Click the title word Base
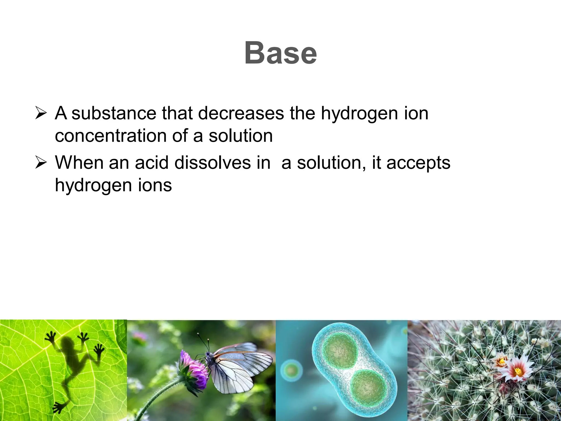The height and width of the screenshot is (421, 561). point(280,53)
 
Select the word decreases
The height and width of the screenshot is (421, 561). point(241,113)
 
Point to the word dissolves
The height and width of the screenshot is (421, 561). point(212,163)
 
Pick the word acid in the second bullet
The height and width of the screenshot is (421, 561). point(151,163)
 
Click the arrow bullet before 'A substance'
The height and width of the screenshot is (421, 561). point(41,113)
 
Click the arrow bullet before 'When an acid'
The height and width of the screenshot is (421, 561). point(41,163)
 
